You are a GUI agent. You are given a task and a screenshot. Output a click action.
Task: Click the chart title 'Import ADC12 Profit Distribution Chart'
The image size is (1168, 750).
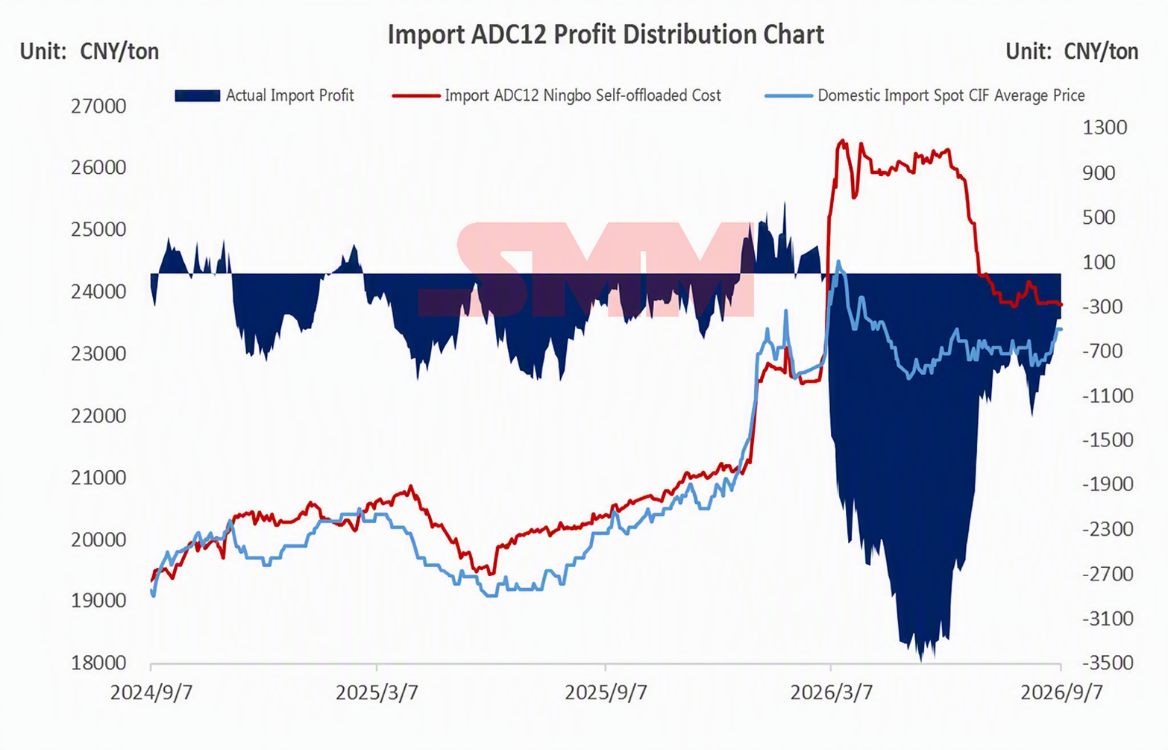606,35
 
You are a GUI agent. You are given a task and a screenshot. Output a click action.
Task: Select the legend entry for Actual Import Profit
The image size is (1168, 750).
264,96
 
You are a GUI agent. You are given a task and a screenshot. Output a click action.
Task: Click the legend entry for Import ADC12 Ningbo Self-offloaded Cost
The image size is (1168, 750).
557,96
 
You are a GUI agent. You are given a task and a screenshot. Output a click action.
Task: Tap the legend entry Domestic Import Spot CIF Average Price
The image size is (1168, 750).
925,96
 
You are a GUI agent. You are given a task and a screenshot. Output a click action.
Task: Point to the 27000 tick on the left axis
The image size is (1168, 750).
98,107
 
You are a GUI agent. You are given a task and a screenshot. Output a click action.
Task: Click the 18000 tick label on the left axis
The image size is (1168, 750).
98,663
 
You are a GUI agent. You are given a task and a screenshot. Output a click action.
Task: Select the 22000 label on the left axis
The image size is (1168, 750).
98,416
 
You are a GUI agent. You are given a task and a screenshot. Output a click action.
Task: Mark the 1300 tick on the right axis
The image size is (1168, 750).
1105,128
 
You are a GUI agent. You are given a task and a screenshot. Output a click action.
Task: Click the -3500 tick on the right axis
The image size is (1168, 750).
1108,663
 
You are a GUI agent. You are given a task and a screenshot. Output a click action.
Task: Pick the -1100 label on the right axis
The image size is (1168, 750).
1108,396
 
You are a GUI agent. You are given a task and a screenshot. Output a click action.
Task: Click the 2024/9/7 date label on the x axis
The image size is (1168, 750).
151,693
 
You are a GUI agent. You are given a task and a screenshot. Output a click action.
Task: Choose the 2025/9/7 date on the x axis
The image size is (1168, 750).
606,693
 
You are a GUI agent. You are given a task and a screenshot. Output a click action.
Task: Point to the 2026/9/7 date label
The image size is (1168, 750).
1061,693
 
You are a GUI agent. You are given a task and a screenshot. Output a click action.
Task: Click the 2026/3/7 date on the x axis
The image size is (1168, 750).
831,693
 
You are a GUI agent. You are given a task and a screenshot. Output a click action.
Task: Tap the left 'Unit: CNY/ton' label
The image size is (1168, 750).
90,51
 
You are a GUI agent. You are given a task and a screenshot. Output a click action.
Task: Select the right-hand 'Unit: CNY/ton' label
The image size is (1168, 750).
1072,51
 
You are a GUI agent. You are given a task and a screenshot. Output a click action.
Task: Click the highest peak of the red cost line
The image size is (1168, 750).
842,140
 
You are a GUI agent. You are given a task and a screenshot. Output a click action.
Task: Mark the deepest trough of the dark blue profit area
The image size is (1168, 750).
921,660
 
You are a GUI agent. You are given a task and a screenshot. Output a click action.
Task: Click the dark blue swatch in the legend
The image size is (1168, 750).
197,96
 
